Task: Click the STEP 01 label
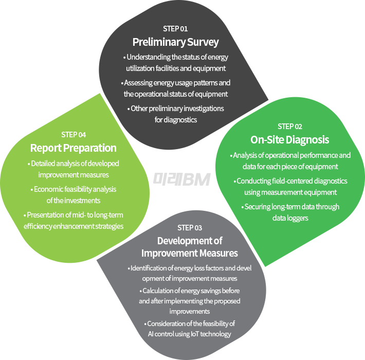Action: pyautogui.click(x=175, y=29)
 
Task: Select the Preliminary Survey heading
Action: pyautogui.click(x=175, y=42)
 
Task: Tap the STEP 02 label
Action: pyautogui.click(x=290, y=127)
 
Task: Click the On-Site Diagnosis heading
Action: pyautogui.click(x=290, y=140)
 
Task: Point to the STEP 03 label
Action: pyautogui.click(x=190, y=228)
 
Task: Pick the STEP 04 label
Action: pyautogui.click(x=74, y=135)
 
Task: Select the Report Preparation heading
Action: pyautogui.click(x=74, y=148)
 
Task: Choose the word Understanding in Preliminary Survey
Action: pyautogui.click(x=145, y=57)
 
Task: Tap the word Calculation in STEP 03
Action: pyautogui.click(x=157, y=291)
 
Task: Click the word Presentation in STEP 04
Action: pyautogui.click(x=46, y=214)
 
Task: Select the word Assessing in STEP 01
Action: pyautogui.click(x=139, y=82)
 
